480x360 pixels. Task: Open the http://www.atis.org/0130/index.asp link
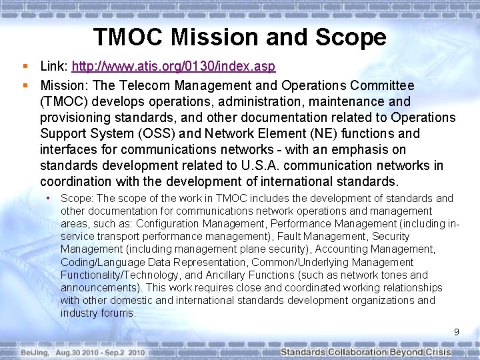click(x=173, y=67)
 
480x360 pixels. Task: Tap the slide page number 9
click(x=457, y=331)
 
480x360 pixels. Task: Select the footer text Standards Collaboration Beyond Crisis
click(x=365, y=352)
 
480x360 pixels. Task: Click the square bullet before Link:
click(x=25, y=67)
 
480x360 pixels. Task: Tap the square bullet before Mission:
click(x=25, y=86)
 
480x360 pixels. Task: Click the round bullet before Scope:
click(x=49, y=199)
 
